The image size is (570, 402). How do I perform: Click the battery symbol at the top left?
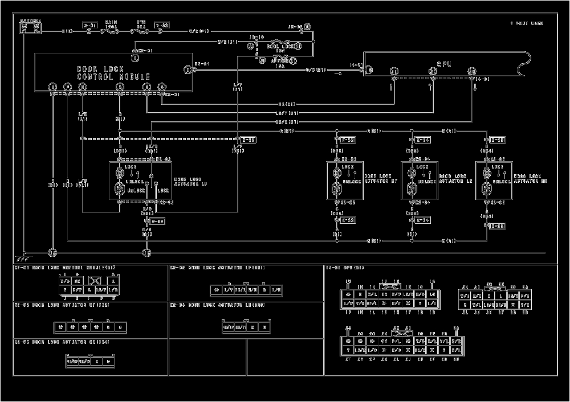(29, 27)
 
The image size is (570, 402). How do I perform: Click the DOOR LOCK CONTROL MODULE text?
(113, 73)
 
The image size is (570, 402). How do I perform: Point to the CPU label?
(444, 65)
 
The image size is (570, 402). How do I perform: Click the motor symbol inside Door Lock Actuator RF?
(336, 172)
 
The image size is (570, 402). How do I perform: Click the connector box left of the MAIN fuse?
(90, 26)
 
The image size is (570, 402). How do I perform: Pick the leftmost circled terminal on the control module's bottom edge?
(52, 87)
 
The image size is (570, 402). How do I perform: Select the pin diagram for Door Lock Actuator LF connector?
(246, 290)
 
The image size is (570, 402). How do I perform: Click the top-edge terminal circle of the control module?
(135, 58)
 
